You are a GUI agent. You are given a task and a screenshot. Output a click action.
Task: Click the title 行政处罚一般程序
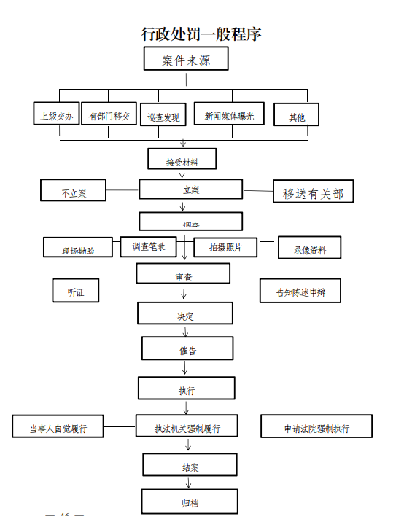(201, 34)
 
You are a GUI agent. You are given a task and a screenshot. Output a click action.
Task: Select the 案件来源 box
(186, 60)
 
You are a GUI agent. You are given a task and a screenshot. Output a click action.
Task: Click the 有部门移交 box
(109, 115)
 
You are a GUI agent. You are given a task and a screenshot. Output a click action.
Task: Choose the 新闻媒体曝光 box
(229, 114)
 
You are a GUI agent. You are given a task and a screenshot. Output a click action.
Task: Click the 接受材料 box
(182, 160)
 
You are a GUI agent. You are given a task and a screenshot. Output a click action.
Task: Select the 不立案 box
(74, 192)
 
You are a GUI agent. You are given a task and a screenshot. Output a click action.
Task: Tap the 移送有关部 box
(313, 192)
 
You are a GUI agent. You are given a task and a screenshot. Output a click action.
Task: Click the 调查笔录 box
(149, 246)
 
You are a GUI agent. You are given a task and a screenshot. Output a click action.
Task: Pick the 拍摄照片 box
(226, 247)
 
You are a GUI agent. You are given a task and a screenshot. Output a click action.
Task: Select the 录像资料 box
(309, 249)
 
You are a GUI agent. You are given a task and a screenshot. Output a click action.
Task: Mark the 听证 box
(76, 291)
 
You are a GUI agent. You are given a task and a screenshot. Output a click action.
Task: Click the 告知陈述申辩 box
(300, 292)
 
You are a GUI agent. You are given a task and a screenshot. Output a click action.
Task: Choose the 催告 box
(187, 349)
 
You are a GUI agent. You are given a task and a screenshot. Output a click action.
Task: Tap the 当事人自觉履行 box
(58, 427)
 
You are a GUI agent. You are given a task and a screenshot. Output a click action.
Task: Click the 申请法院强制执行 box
(316, 427)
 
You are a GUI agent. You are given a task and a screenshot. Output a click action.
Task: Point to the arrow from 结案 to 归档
(189, 482)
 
